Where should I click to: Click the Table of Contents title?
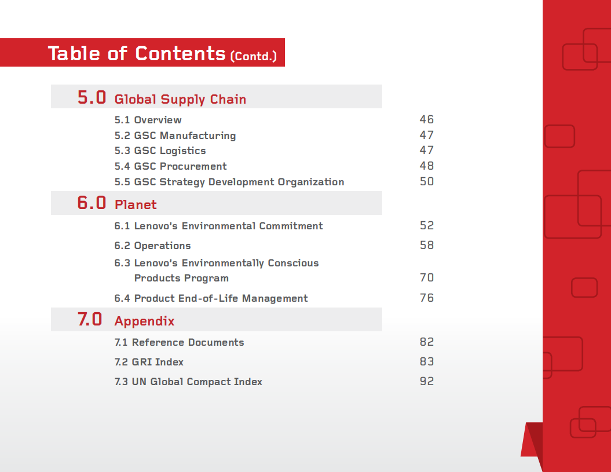(x=137, y=53)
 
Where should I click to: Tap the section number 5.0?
(x=92, y=97)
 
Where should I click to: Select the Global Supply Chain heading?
(x=180, y=100)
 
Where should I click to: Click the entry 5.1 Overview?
(x=148, y=120)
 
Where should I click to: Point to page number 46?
(x=426, y=120)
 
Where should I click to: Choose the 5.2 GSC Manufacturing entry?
(x=175, y=136)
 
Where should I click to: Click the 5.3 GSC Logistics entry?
(x=160, y=151)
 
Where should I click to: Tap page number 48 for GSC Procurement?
(x=426, y=166)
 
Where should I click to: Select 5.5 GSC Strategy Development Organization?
(x=229, y=182)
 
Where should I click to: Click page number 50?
(x=426, y=182)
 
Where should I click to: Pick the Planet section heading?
(x=136, y=205)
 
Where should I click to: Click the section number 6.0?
(x=92, y=203)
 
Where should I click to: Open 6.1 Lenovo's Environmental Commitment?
(x=218, y=226)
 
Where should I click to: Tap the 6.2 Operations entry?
(x=152, y=246)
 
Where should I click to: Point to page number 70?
(x=426, y=278)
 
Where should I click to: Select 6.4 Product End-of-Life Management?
(x=211, y=298)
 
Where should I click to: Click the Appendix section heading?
(x=144, y=321)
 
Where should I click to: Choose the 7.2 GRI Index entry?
(x=149, y=362)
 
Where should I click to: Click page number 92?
(x=426, y=382)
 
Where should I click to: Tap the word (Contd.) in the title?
(x=253, y=56)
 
